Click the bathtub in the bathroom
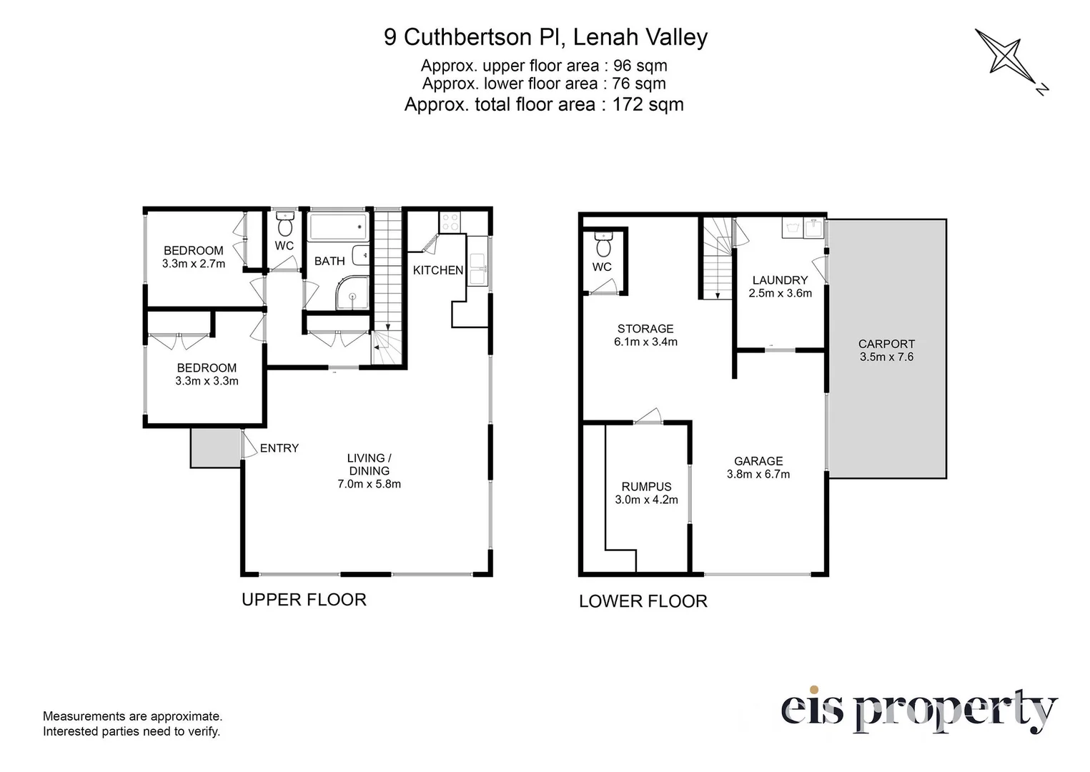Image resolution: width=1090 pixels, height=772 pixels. pos(339,227)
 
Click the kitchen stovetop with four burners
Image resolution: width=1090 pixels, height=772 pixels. pos(450,222)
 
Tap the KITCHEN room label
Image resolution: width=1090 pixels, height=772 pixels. pos(438,270)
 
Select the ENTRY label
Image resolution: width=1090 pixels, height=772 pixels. pos(279,447)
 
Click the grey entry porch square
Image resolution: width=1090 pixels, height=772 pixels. pos(216,448)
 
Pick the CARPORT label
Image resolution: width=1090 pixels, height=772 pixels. pos(886,344)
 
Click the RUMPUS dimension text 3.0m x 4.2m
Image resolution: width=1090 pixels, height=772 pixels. pos(646,500)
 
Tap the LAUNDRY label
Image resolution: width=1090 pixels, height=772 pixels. pos(780,280)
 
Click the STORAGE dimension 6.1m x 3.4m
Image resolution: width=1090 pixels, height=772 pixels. pos(645,342)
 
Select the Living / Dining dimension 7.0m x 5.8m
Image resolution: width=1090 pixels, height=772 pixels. pos(369,484)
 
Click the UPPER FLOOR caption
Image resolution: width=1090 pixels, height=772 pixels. pos(304,600)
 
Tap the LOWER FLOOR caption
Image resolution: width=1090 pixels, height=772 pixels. pos(643,601)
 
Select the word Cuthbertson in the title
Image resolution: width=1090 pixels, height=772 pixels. pos(467,37)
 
